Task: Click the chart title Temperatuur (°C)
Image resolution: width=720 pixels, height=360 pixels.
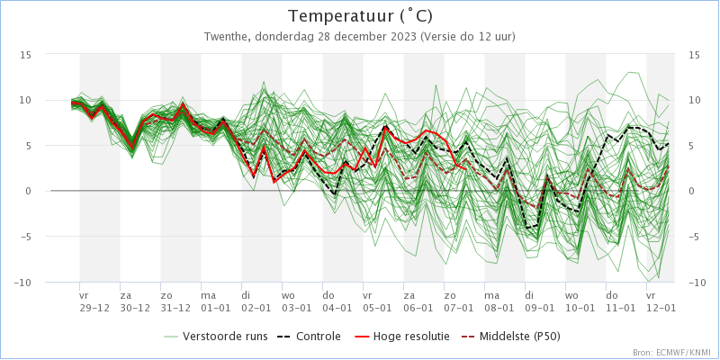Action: [x=360, y=16]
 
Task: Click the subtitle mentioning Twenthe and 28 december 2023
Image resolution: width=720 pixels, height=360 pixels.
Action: [x=360, y=37]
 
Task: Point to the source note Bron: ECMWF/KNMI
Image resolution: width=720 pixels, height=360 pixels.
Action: [x=671, y=353]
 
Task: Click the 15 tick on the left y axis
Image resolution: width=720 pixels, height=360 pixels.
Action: [x=26, y=55]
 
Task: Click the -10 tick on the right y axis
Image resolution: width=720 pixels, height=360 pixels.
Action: [x=694, y=283]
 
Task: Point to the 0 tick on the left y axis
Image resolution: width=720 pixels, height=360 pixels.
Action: [x=29, y=191]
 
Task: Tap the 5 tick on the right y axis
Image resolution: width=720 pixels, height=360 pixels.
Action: [x=692, y=146]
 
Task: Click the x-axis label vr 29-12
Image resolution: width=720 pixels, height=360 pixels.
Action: [x=94, y=301]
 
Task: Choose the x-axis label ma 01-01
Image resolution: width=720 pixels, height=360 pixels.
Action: [x=216, y=301]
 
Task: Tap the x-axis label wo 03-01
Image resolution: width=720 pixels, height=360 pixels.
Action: [x=297, y=301]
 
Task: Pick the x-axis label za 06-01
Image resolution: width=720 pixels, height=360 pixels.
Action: [x=418, y=301]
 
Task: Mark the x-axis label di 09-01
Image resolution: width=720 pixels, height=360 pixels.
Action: [x=539, y=301]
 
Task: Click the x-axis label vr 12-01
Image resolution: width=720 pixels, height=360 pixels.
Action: [x=661, y=301]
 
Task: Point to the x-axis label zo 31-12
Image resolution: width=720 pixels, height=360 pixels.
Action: [x=175, y=301]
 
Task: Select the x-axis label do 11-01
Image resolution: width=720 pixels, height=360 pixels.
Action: [x=620, y=301]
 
